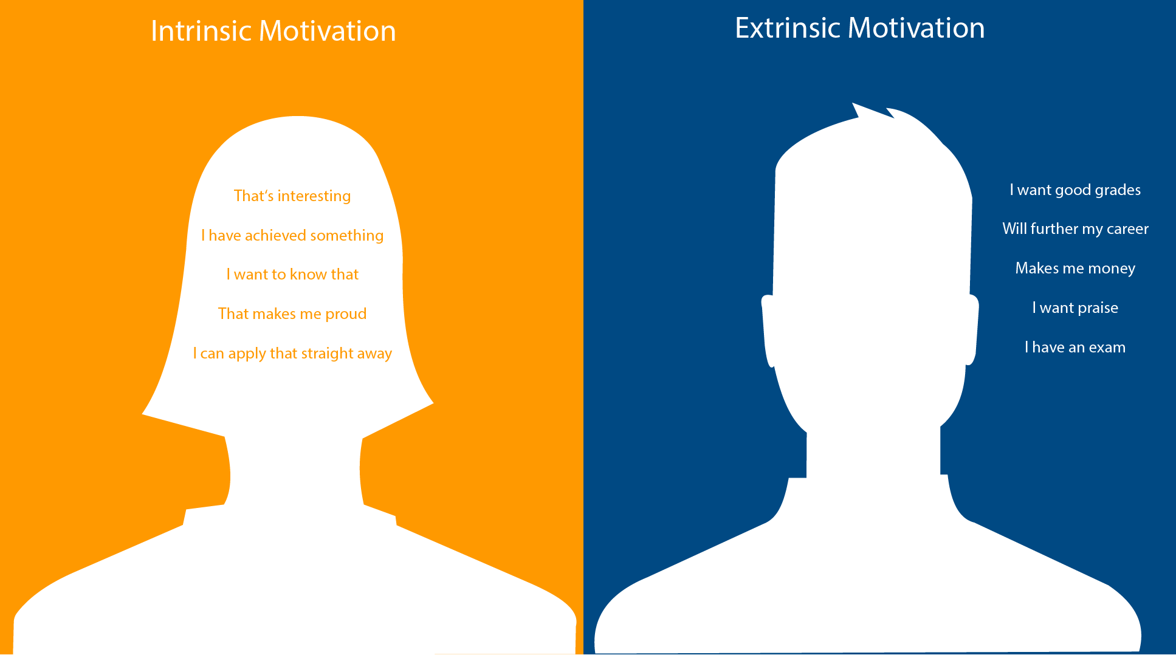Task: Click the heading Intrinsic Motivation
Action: pyautogui.click(x=273, y=31)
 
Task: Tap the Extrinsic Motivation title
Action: pyautogui.click(x=859, y=28)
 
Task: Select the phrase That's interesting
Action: pyautogui.click(x=292, y=196)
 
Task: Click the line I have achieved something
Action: pyautogui.click(x=292, y=235)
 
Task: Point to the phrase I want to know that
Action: pyautogui.click(x=292, y=274)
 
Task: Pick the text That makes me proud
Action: pyautogui.click(x=292, y=314)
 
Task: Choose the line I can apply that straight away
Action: pyautogui.click(x=292, y=353)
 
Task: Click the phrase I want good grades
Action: pyautogui.click(x=1075, y=190)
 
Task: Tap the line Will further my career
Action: pyautogui.click(x=1075, y=228)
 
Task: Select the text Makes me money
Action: pyautogui.click(x=1075, y=268)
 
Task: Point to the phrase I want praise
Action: pyautogui.click(x=1075, y=307)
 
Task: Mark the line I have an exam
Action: pyautogui.click(x=1075, y=347)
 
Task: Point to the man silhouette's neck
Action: pyautogui.click(x=873, y=453)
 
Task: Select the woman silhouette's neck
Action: pyautogui.click(x=295, y=471)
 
